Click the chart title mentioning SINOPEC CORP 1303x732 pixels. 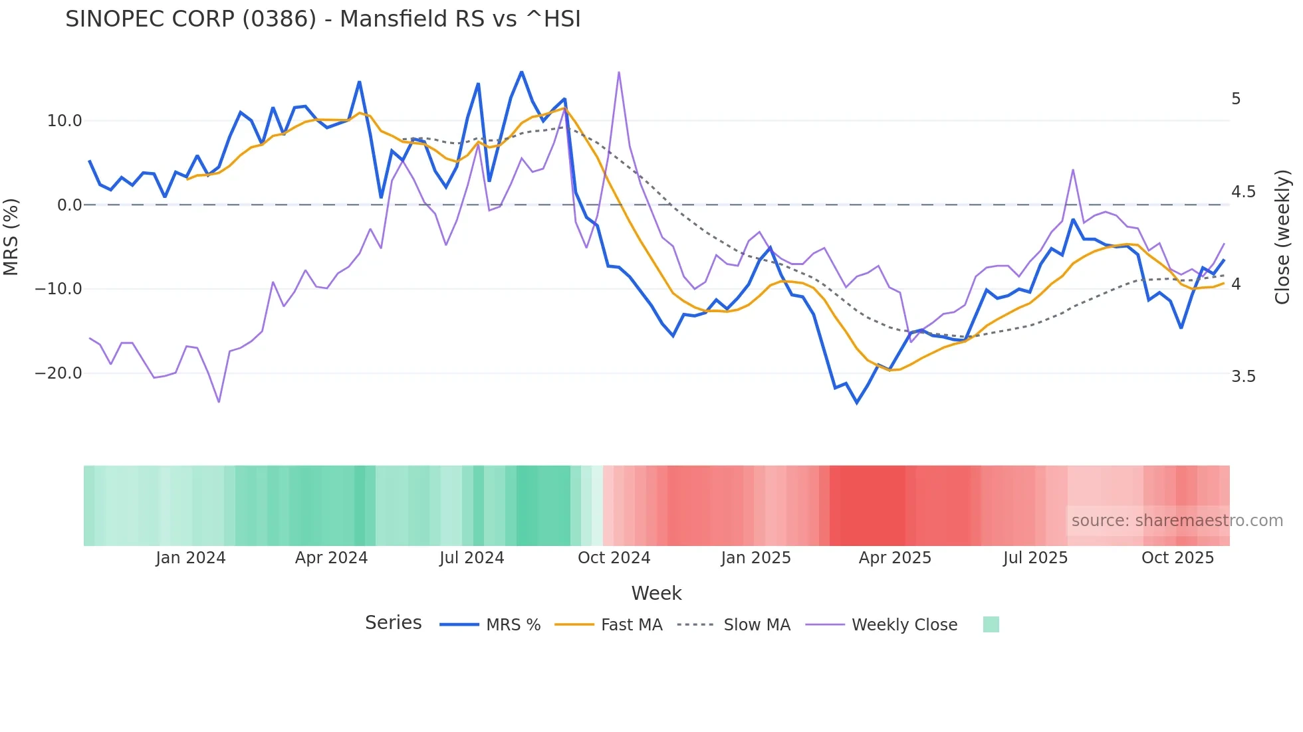coord(323,19)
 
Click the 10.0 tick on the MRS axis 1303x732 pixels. coord(64,121)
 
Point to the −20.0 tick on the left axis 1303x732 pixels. coord(59,373)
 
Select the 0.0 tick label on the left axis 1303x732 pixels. coord(69,205)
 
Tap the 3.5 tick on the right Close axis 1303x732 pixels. coord(1243,377)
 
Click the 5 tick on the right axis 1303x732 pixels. coord(1236,99)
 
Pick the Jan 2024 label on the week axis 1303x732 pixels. coord(191,558)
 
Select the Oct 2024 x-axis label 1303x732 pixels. coord(614,558)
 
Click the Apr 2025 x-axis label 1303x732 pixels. coord(895,558)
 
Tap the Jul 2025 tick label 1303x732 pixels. coord(1035,558)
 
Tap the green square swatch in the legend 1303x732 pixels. coord(991,624)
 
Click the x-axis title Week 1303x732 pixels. coord(656,593)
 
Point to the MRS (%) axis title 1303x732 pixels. coord(11,237)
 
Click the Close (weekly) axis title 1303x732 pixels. coord(1282,237)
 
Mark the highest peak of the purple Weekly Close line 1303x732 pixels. coord(619,72)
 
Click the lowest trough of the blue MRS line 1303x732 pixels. coord(857,403)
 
